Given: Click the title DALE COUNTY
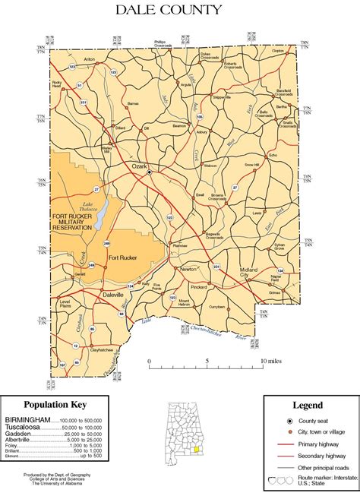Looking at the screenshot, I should [169, 10].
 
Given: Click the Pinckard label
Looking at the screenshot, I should [199, 288].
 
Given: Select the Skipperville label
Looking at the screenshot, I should [222, 98].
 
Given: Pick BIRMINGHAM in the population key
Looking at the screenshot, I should [27, 419].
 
